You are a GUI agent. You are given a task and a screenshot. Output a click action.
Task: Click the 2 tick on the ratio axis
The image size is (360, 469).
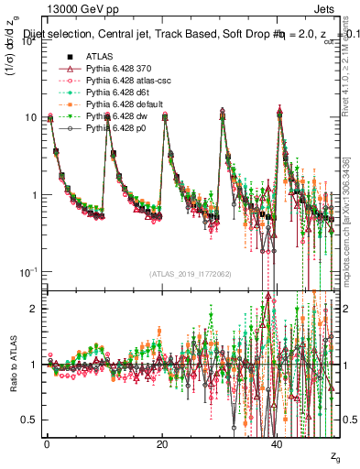coord(35,309)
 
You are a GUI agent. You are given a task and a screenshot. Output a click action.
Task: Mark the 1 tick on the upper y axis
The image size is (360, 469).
coord(35,195)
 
